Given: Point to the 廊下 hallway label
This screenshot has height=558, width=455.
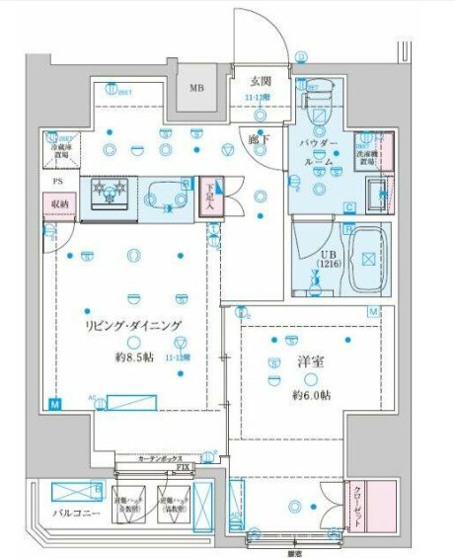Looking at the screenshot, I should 259,140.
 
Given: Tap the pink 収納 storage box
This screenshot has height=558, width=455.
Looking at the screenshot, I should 60,204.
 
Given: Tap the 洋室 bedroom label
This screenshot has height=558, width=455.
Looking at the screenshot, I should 308,361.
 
